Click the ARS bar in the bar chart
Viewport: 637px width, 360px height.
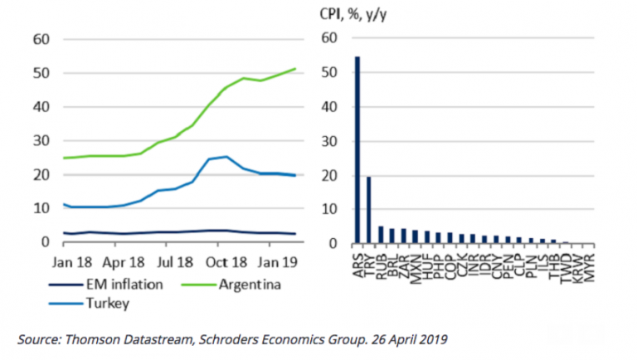357,150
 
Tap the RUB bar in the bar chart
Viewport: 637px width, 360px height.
381,235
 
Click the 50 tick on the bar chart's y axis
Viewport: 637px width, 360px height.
330,73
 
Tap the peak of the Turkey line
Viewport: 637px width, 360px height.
226,156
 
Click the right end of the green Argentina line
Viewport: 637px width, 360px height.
296,69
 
